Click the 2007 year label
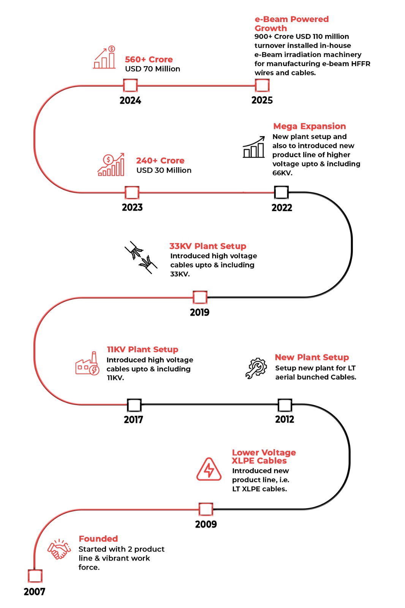point(34,592)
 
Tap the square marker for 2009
point(206,509)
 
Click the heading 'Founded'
point(98,539)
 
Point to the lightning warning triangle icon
point(209,470)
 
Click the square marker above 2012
point(285,405)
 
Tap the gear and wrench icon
point(256,368)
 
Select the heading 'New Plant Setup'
point(312,357)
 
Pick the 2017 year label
point(133,420)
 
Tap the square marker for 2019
point(200,297)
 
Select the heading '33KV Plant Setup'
point(207,246)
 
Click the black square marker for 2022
point(281,193)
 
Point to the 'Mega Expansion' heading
point(309,126)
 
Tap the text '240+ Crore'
point(160,161)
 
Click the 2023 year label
point(132,207)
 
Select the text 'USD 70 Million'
point(152,69)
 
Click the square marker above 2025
point(262,85)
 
